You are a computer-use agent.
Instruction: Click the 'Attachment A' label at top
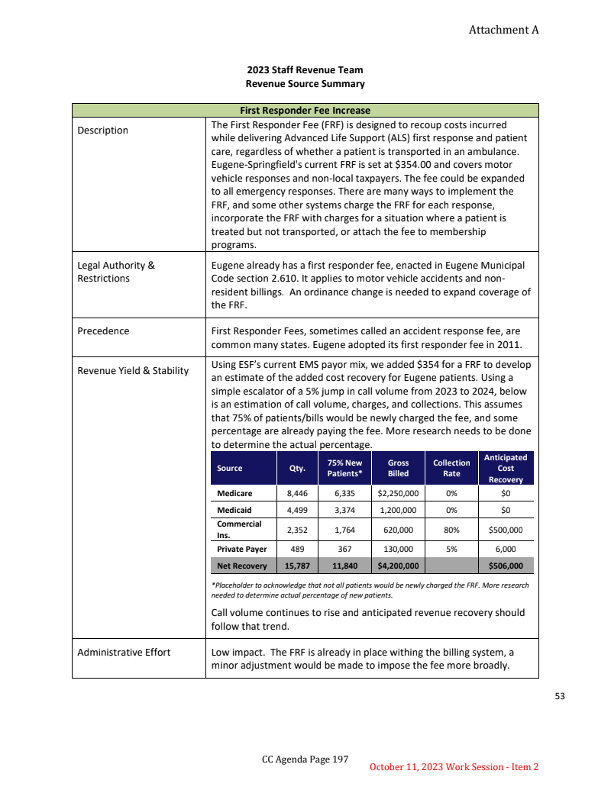tap(503, 30)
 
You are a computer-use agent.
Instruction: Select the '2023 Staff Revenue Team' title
tap(305, 70)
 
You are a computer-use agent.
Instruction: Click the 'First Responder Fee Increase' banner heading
tap(305, 110)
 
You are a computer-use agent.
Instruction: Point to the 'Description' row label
tap(103, 131)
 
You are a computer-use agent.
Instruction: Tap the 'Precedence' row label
tap(103, 331)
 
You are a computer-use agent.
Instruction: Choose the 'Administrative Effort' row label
tap(124, 652)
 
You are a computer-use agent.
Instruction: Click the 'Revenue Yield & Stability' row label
tap(133, 371)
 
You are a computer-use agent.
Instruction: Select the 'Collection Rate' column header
tap(451, 468)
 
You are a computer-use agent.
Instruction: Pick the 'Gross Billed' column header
tap(398, 468)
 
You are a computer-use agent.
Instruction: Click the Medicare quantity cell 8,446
tap(296, 494)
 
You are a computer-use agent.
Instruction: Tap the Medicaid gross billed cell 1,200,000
tap(398, 511)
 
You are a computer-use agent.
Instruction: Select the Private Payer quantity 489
tap(296, 548)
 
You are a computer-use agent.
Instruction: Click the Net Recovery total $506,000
tap(505, 566)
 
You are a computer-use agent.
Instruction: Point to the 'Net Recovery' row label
tap(241, 566)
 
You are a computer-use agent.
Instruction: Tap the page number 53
tap(560, 696)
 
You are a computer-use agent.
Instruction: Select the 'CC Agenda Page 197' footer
tap(305, 759)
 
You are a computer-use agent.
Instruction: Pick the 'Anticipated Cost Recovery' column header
tap(505, 468)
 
